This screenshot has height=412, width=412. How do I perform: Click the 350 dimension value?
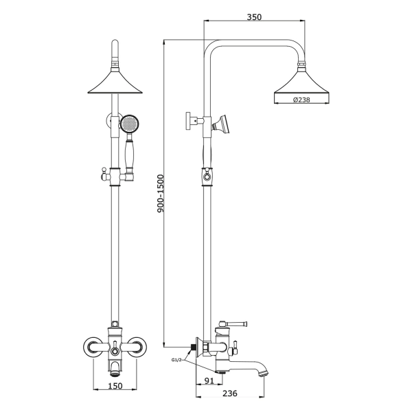[x=254, y=17]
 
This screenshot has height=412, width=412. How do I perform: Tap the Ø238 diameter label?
[x=301, y=100]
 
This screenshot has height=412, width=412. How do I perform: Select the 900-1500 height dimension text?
[x=160, y=194]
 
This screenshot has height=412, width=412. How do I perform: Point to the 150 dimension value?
[x=115, y=386]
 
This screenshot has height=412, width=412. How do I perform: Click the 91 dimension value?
[x=209, y=380]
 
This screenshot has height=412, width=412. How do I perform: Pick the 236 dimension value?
[x=230, y=393]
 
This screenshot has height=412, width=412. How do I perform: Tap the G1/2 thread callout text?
[x=176, y=360]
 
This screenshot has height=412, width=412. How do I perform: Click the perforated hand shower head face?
[x=130, y=123]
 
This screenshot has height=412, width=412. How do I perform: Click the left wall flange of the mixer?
[x=92, y=347]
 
